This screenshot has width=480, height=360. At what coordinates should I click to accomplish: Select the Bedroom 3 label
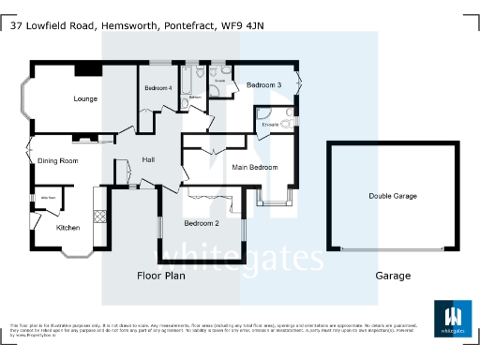[x=264, y=85]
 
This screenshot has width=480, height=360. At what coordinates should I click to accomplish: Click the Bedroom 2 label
[x=202, y=223]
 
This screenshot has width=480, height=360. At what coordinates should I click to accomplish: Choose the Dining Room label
[x=57, y=161]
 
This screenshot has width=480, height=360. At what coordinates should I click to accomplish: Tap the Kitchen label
[x=67, y=228]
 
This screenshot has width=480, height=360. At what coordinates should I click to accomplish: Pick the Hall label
[x=148, y=160]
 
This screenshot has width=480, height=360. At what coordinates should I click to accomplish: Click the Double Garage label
[x=393, y=196]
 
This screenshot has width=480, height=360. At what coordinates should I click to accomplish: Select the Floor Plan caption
[x=161, y=276]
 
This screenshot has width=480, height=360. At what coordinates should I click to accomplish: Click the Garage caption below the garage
[x=393, y=276]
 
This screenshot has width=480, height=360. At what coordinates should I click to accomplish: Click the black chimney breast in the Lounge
[x=89, y=68]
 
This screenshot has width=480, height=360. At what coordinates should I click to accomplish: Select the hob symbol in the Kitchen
[x=97, y=215]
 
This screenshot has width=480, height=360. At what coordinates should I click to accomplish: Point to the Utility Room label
[x=45, y=198]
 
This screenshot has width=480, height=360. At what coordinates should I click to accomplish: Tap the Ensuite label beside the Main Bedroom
[x=271, y=124]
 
